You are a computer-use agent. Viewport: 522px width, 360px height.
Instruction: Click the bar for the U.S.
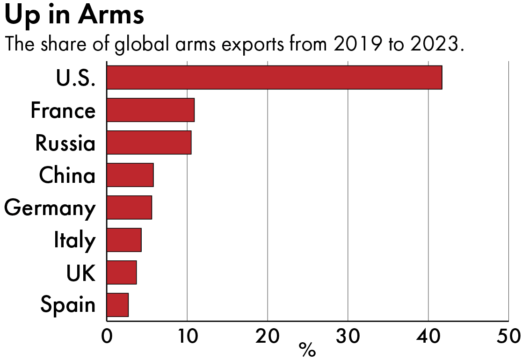coord(274,78)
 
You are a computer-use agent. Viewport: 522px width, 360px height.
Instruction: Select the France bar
coord(150,110)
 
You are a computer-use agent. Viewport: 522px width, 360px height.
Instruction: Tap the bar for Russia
coord(149,143)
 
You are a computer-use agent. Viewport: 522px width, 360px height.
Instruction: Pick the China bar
coord(130,175)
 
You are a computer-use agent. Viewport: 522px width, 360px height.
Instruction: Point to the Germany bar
coord(129,208)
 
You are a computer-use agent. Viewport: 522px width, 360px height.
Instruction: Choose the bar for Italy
coord(124,240)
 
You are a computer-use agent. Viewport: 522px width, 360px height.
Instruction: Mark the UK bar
coord(122,272)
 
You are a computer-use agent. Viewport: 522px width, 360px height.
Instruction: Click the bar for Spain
coord(117,305)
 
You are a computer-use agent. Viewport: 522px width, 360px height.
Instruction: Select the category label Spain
coord(68,305)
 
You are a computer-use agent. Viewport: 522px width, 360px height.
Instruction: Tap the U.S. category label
coord(75,78)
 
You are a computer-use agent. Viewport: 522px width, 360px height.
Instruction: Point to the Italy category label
coord(74,240)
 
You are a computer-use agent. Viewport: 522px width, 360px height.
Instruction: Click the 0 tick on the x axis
coord(107,336)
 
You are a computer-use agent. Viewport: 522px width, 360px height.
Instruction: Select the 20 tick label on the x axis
coord(267,336)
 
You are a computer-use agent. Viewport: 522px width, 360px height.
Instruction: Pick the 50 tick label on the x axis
coord(508,336)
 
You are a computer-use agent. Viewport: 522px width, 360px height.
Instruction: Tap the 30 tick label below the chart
coord(348,336)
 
